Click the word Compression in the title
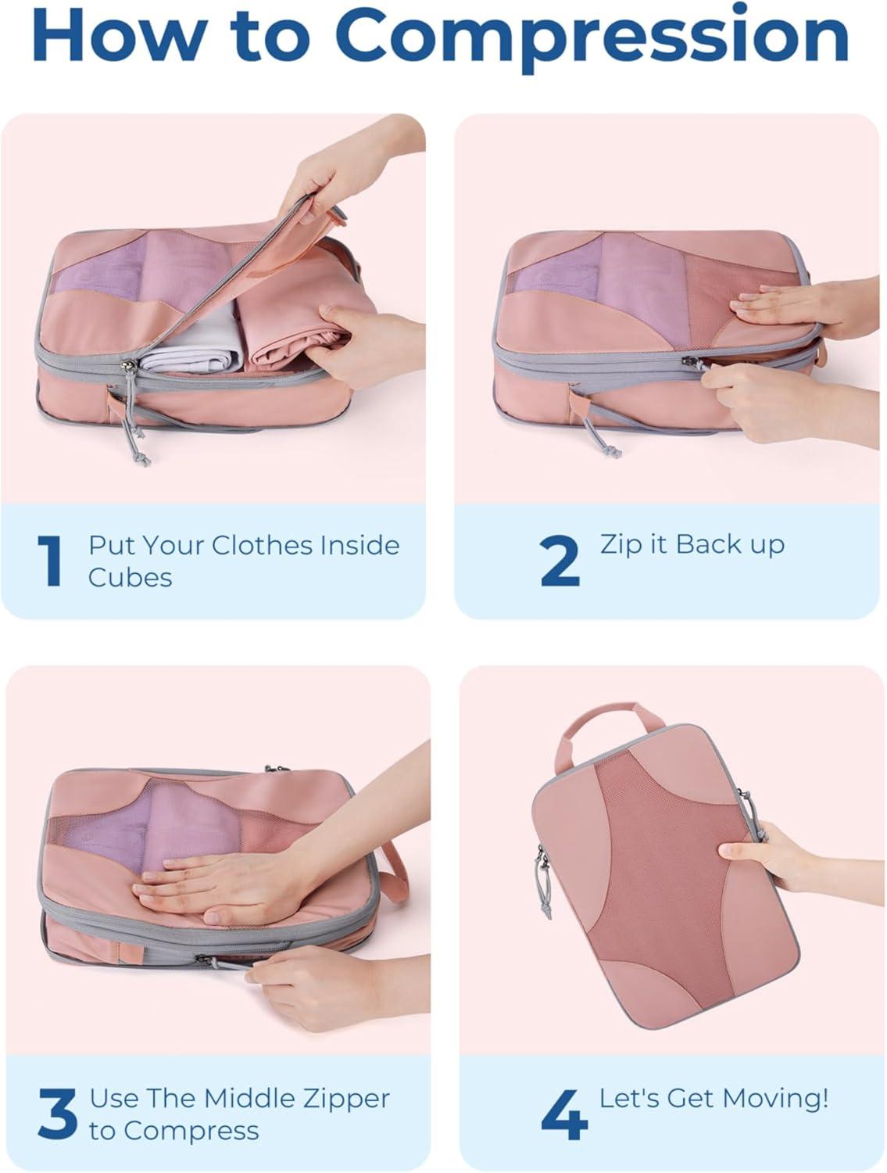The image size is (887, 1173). [591, 38]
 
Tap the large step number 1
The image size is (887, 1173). [50, 561]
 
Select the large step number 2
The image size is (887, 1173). [560, 561]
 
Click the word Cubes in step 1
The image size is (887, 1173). [131, 578]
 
